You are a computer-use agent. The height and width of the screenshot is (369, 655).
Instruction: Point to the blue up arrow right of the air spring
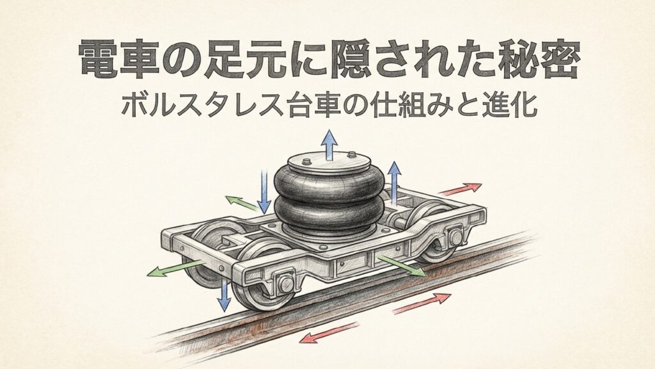(394, 183)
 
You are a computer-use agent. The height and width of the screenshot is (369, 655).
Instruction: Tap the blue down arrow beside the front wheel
(224, 294)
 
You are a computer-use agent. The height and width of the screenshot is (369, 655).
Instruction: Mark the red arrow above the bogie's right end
(460, 188)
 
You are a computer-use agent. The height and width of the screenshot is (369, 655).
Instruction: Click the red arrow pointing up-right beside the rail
(422, 302)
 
